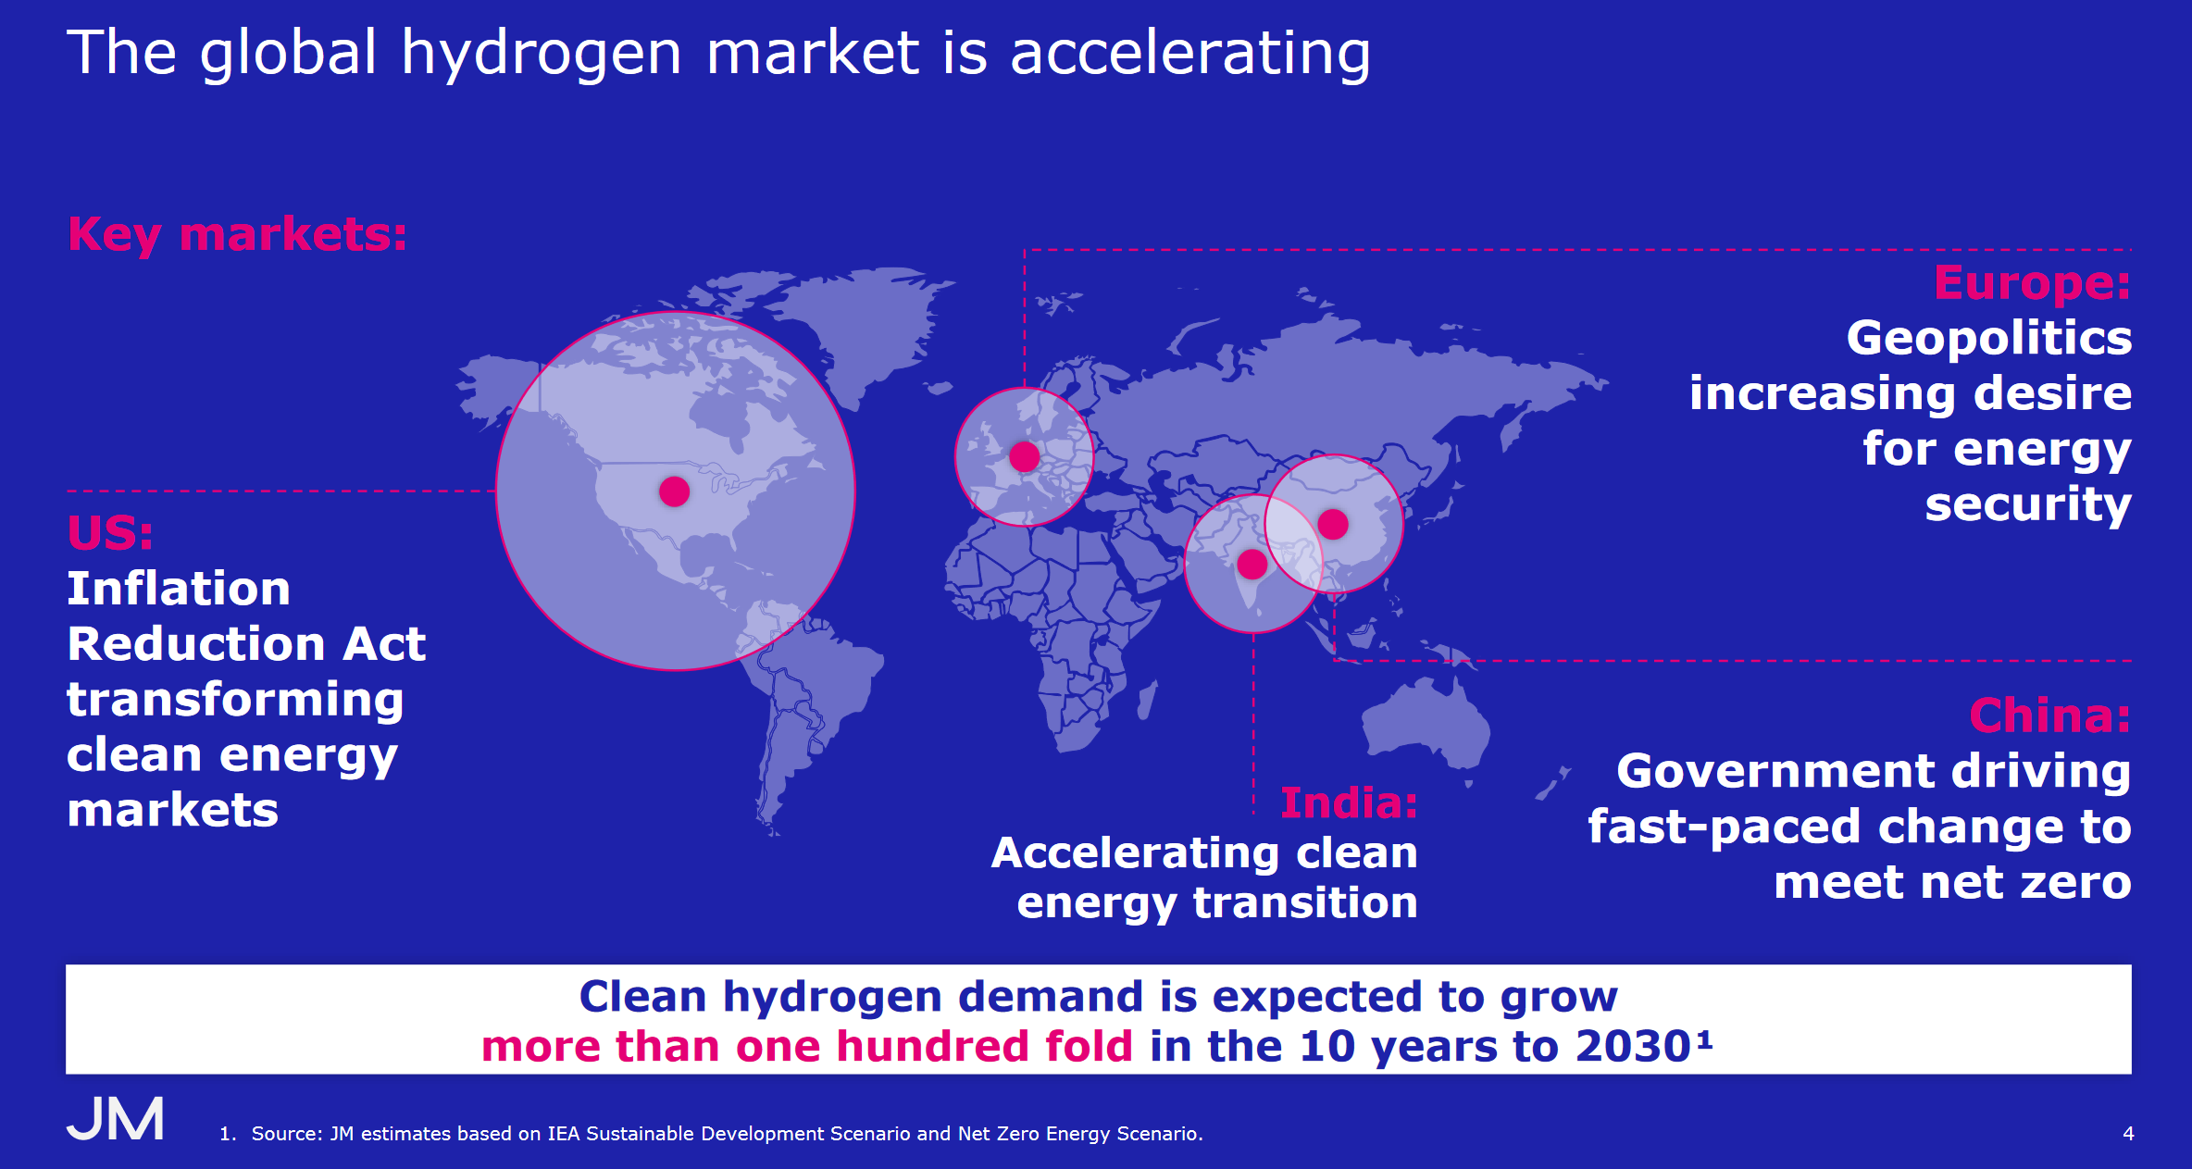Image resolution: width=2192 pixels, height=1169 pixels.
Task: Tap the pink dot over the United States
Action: click(674, 491)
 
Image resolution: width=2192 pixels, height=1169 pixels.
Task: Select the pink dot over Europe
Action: click(1024, 456)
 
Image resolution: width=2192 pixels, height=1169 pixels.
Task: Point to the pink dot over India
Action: click(1252, 564)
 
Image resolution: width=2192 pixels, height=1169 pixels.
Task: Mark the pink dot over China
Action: click(1333, 524)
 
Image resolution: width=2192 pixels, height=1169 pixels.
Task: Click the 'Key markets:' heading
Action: click(237, 234)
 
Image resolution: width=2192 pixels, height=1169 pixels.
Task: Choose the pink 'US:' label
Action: click(110, 533)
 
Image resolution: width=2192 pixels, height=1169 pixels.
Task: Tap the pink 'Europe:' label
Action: click(2033, 284)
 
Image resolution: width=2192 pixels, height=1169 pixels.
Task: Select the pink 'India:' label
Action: click(1349, 802)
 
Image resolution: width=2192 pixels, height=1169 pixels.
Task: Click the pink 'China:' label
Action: click(2050, 715)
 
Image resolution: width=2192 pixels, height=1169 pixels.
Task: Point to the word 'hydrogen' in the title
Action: click(542, 55)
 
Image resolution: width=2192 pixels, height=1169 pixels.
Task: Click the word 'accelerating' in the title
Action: click(1190, 55)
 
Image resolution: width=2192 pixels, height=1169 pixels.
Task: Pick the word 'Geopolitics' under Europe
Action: click(1989, 339)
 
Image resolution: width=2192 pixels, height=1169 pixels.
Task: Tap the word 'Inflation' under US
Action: click(179, 589)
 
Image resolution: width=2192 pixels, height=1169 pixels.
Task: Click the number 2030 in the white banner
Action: click(1634, 1047)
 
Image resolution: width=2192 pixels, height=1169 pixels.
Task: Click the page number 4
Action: click(2128, 1134)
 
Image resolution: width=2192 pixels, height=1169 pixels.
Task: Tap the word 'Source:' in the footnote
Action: click(288, 1134)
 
